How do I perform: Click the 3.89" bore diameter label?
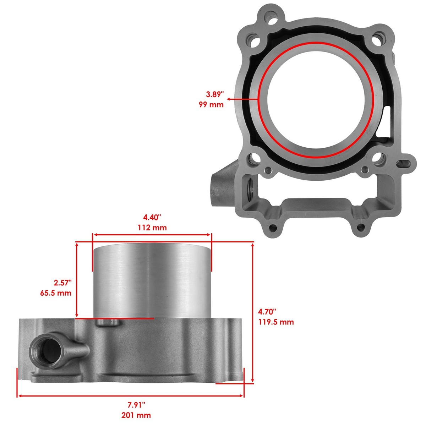215,94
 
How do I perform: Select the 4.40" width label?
152,217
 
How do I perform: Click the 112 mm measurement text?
152,228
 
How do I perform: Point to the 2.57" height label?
62,283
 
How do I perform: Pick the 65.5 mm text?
56,293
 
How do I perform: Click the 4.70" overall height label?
267,312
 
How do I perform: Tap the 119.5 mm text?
276,322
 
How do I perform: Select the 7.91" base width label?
137,405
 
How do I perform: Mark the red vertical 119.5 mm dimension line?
252,312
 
